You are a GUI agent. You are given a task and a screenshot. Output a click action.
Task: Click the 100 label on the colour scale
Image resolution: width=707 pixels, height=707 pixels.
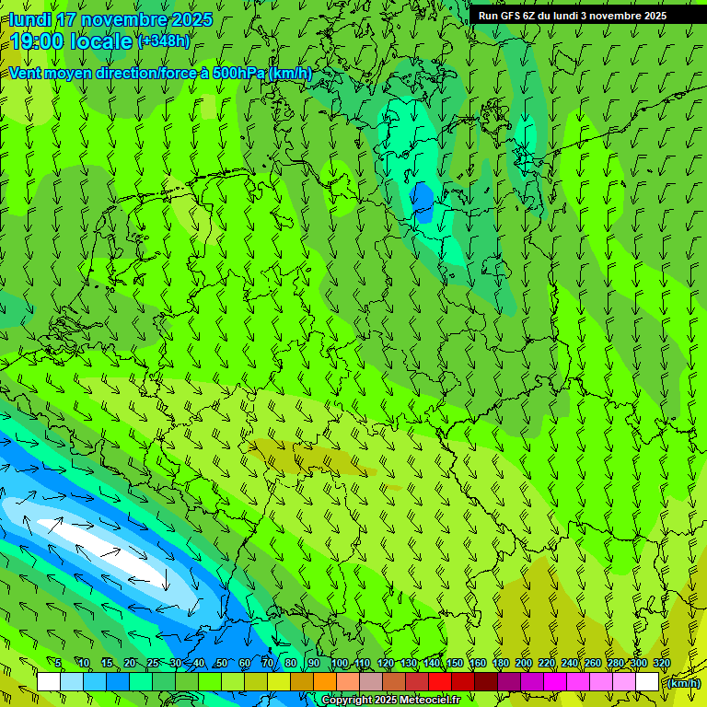pos(340,664)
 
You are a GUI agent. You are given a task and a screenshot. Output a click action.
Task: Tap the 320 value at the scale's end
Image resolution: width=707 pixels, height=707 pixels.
pos(661,664)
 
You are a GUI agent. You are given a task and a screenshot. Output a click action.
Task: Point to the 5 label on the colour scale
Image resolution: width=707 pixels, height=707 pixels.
pos(58,664)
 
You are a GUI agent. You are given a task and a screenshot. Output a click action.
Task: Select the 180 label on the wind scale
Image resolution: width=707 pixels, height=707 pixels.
pos(500,664)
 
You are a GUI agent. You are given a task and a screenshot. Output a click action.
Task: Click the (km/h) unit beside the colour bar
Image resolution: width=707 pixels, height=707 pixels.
pos(683,683)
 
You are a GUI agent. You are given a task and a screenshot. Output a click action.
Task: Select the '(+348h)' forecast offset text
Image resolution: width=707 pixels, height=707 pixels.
pos(164,41)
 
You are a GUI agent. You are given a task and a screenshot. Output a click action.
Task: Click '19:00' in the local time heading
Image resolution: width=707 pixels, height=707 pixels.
pos(35,41)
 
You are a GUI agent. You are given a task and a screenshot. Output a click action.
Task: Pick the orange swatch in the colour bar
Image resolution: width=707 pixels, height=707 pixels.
pos(325,682)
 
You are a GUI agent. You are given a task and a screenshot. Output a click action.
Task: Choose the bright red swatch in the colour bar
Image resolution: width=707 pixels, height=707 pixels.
pos(440,682)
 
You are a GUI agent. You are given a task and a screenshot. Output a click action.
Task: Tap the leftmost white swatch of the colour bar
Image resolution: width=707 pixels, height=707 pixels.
pos(49,682)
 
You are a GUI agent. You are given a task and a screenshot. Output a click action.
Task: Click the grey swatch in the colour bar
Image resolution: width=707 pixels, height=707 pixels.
pos(371,682)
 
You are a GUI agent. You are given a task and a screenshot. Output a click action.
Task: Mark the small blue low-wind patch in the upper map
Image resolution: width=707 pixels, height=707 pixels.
pos(422,202)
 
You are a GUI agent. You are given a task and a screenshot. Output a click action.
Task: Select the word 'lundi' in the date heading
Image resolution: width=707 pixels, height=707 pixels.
pos(30,20)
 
